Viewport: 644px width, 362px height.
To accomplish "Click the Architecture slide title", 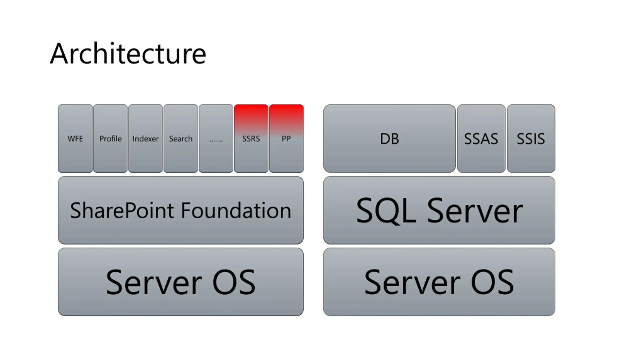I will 128,54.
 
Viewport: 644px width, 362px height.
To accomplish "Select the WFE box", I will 75,139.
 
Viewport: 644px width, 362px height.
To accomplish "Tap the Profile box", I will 110,139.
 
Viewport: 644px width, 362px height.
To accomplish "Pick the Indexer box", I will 145,139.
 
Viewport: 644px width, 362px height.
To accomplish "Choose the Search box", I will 181,139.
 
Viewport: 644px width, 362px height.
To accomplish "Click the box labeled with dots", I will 216,139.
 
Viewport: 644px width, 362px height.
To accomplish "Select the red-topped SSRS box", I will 251,139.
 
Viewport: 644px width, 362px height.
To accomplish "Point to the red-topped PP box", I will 286,139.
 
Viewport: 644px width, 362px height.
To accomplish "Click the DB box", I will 389,139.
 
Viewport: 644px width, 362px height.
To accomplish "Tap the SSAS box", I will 481,139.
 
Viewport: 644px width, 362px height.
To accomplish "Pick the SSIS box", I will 531,139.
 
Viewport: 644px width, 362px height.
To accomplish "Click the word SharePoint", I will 122,211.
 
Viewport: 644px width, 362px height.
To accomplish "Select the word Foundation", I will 236,211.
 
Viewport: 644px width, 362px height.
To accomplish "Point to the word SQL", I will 386,211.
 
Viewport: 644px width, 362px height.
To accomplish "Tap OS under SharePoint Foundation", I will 234,282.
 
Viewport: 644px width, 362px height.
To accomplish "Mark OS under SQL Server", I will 492,282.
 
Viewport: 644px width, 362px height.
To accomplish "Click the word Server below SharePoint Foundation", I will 154,282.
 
